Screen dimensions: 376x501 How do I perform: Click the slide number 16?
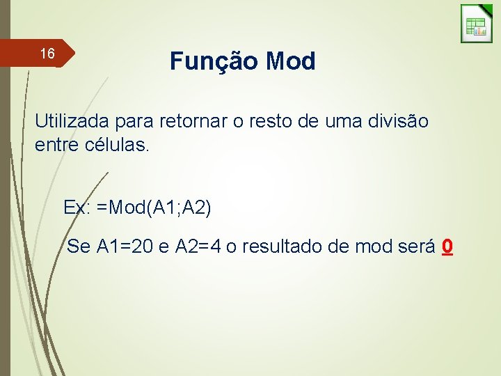pyautogui.click(x=47, y=54)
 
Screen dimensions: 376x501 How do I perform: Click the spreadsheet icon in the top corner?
pyautogui.click(x=477, y=24)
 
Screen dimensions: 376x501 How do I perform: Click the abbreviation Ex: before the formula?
pyautogui.click(x=77, y=207)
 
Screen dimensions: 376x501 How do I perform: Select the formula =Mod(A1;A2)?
pyautogui.click(x=154, y=207)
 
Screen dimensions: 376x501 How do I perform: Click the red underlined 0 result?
pyautogui.click(x=448, y=246)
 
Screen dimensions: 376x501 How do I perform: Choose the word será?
pyautogui.click(x=415, y=246)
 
